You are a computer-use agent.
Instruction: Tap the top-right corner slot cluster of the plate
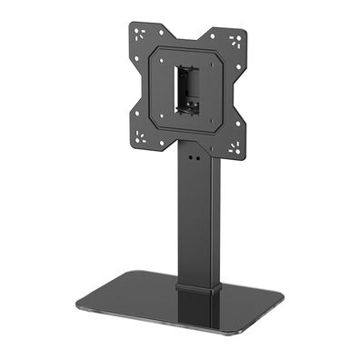click(235, 41)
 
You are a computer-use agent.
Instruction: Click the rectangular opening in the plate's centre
click(189, 89)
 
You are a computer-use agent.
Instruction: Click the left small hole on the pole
click(188, 154)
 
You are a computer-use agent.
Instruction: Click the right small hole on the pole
click(197, 155)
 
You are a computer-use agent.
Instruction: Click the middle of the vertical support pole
click(198, 218)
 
